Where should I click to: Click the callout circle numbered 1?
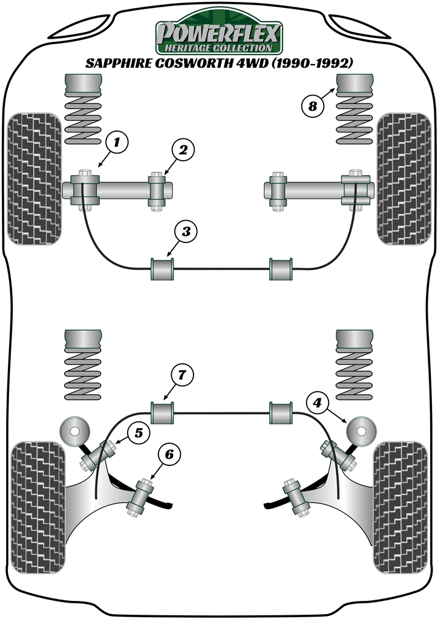pos(117,143)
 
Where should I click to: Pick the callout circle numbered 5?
pos(138,433)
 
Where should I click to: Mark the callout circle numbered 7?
pos(182,375)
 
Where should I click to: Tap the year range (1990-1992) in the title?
pos(313,63)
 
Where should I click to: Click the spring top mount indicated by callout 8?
pos(355,86)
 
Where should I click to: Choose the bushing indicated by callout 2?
pos(158,191)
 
